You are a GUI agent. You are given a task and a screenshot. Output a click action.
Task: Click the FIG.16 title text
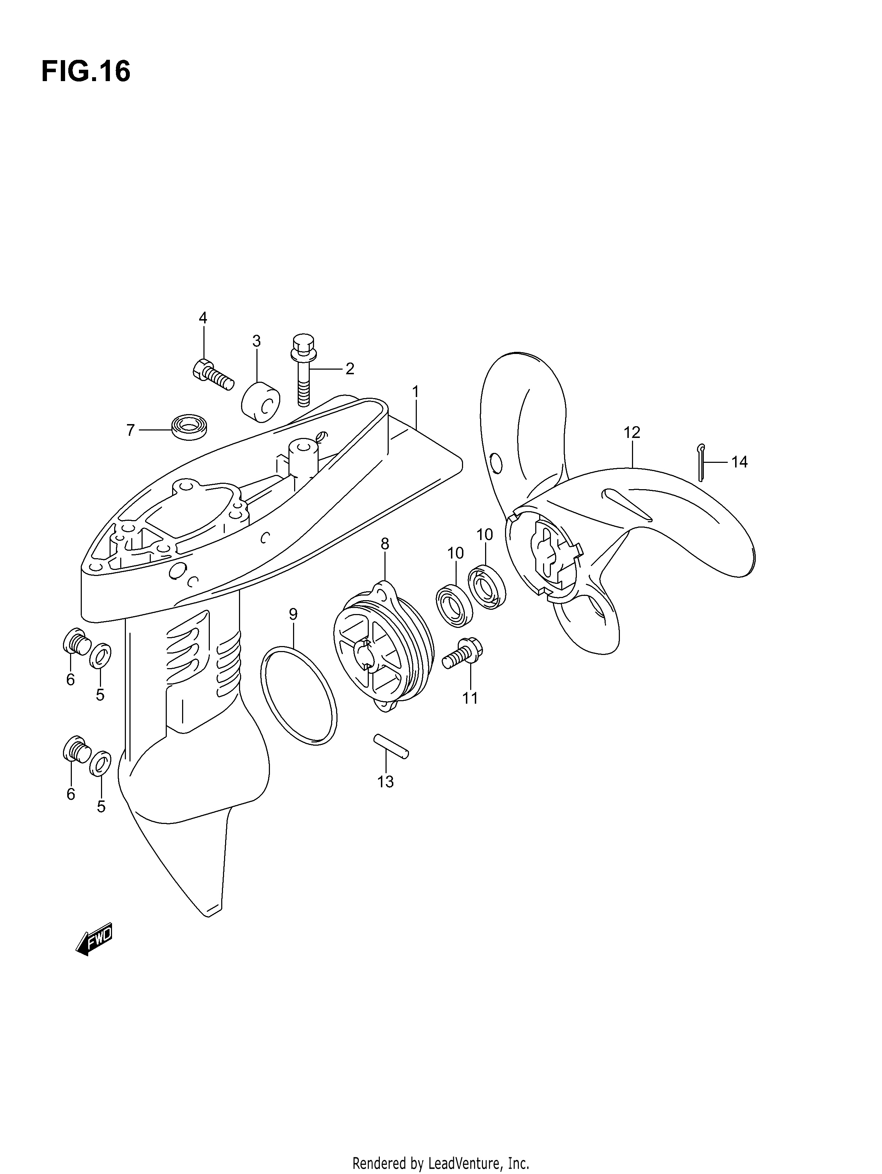tap(85, 72)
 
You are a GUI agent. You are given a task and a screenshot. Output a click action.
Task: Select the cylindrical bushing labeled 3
tap(261, 402)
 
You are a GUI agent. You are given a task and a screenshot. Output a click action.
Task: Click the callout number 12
tap(632, 433)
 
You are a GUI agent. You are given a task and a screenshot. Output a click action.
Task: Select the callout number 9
tap(293, 614)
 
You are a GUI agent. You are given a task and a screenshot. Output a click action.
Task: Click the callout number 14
tap(739, 462)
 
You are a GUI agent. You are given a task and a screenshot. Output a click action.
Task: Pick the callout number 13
tap(386, 782)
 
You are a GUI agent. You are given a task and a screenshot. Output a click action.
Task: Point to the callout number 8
tap(385, 544)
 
